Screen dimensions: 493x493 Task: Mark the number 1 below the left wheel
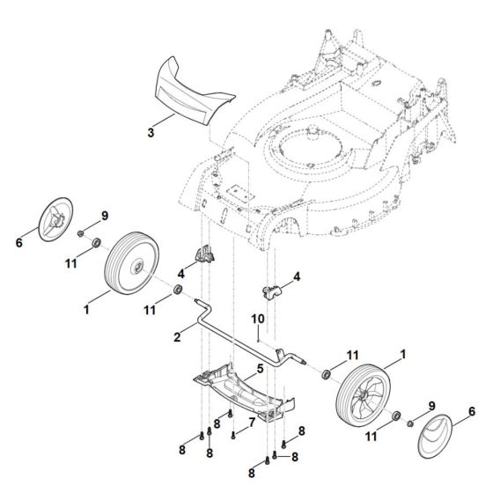tap(85, 309)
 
